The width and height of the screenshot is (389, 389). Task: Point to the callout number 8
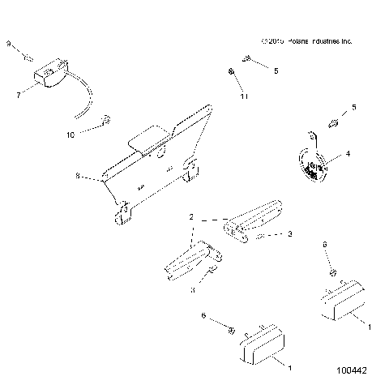click(78, 174)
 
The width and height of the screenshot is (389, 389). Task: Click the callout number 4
click(348, 153)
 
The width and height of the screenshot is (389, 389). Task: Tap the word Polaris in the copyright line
click(295, 41)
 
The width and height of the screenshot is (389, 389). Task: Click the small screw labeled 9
click(27, 57)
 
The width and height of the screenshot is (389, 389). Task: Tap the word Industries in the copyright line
click(327, 41)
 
